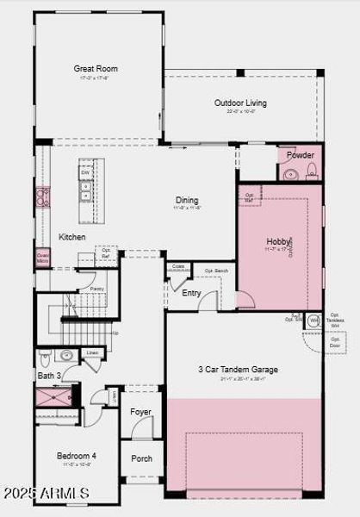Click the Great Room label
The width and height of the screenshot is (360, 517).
point(96,69)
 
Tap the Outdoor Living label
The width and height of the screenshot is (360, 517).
point(240,103)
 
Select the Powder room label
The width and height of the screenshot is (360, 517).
point(301,156)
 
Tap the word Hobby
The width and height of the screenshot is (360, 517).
point(277,241)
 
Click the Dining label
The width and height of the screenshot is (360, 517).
point(187,199)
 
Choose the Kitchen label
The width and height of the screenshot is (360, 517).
point(71,237)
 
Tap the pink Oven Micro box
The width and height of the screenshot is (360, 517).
point(42,258)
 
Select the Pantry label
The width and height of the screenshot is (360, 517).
point(96,290)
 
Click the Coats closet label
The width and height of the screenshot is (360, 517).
point(178,267)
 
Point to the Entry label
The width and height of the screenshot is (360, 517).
point(192,293)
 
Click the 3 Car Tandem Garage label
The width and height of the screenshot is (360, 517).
point(238,370)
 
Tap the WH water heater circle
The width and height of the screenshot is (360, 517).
point(313,321)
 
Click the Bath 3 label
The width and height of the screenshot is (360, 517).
point(48,377)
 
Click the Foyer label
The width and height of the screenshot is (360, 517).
point(140,412)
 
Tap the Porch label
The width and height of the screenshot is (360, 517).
point(141,458)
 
